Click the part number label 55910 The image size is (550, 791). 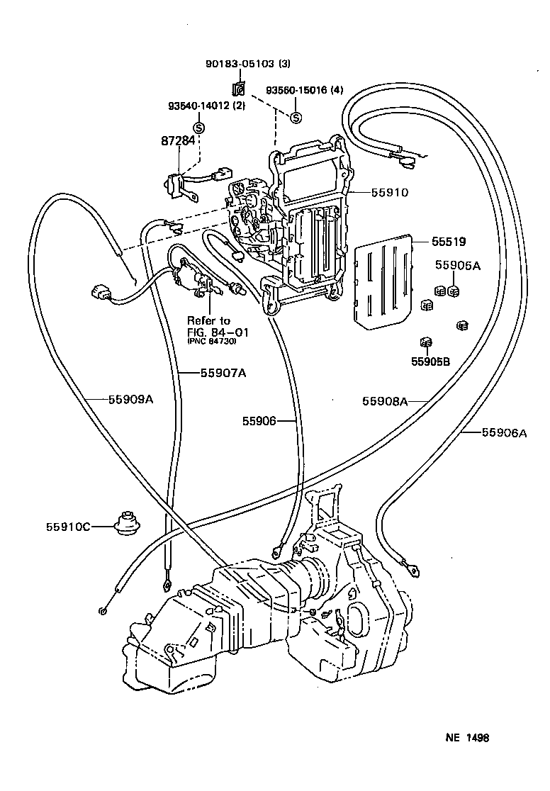click(x=388, y=191)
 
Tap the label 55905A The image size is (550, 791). click(x=457, y=266)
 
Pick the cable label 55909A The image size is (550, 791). click(x=130, y=399)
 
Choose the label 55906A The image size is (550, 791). click(x=505, y=432)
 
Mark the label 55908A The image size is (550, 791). click(x=385, y=401)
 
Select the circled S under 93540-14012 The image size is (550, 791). click(x=199, y=128)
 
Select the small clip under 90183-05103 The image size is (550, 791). click(x=239, y=89)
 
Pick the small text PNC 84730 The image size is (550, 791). click(x=212, y=342)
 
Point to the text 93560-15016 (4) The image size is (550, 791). click(x=304, y=91)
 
